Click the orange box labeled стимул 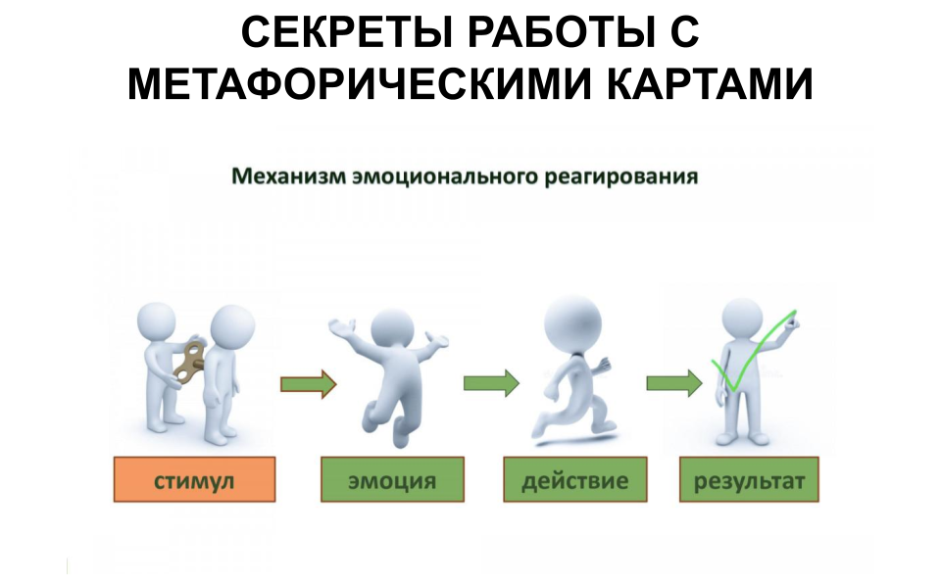point(193,480)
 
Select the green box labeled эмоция point(392,480)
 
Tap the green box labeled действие point(575,480)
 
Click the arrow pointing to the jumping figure point(308,383)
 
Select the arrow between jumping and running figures point(491,383)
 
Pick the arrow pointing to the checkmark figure point(674,383)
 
